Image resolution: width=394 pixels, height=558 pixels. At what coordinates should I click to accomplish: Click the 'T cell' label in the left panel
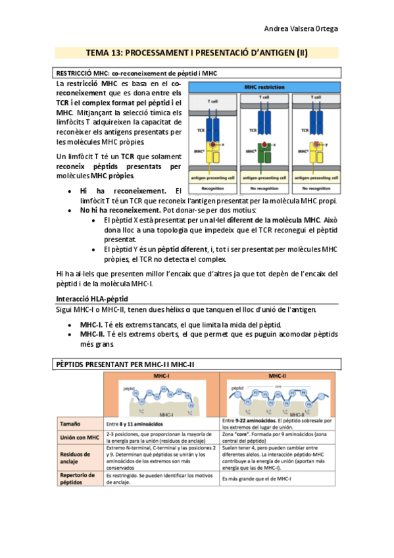coord(212,102)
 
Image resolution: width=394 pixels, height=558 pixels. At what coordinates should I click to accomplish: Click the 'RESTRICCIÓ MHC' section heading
coord(136,73)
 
